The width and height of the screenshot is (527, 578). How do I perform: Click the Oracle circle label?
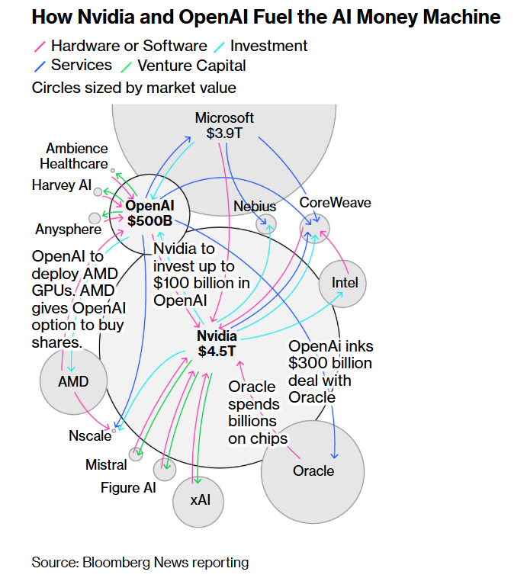pyautogui.click(x=313, y=470)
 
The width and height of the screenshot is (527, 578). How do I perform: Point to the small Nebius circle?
pyautogui.click(x=266, y=224)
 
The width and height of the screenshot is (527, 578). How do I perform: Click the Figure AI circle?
pyautogui.click(x=164, y=470)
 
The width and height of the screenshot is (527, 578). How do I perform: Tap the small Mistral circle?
pyautogui.click(x=136, y=455)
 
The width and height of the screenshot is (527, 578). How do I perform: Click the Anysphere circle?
pyautogui.click(x=95, y=218)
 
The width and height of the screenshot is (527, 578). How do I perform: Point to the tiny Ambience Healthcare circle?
pyautogui.click(x=113, y=172)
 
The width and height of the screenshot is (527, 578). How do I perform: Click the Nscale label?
pyautogui.click(x=90, y=437)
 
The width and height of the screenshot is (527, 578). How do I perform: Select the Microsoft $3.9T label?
pyautogui.click(x=224, y=125)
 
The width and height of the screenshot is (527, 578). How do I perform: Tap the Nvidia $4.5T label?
pyautogui.click(x=217, y=344)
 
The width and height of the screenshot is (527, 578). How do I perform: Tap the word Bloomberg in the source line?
pyautogui.click(x=114, y=563)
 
